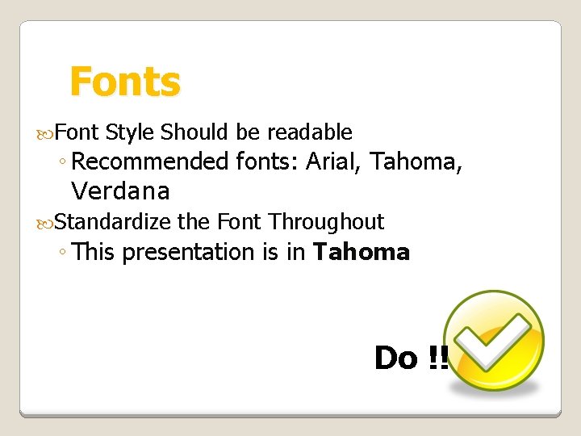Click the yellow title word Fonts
click(x=125, y=82)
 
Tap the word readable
click(x=310, y=132)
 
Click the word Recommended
click(x=150, y=161)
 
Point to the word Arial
click(x=333, y=161)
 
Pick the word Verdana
click(x=120, y=191)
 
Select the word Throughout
click(x=327, y=221)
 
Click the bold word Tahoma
click(x=362, y=252)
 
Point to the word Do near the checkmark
click(x=395, y=357)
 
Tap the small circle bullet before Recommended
click(x=62, y=163)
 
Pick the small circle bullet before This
click(x=62, y=254)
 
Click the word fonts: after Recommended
click(x=268, y=161)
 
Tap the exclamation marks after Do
click(x=438, y=357)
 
